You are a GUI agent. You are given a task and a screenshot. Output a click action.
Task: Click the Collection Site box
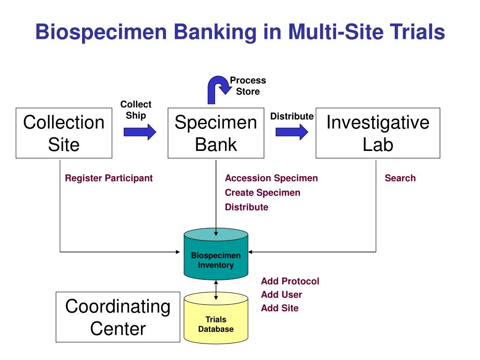pos(64,133)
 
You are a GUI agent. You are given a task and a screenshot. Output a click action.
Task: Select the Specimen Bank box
pos(216,133)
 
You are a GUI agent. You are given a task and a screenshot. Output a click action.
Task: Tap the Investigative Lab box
pos(378,133)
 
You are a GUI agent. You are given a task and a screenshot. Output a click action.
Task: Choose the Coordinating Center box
pos(118,317)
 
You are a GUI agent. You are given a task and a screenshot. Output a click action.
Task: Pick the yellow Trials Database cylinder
pos(216,319)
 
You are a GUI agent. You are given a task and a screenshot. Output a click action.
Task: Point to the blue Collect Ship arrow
pos(140,132)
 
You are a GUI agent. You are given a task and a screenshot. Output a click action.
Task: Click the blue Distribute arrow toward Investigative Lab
pos(292,132)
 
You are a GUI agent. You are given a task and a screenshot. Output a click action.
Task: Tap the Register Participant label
pos(109,178)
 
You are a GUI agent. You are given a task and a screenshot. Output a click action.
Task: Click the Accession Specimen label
pos(271,178)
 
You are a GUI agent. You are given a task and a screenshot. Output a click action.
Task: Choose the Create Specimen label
pos(262,193)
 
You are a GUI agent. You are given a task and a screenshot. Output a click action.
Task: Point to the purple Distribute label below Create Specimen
pos(247,207)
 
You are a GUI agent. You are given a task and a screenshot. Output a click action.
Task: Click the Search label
pos(400,178)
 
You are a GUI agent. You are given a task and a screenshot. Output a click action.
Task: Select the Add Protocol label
pos(290,281)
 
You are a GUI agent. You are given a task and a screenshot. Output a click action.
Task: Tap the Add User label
pos(282,295)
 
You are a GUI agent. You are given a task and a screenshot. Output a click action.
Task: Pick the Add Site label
pos(280,308)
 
